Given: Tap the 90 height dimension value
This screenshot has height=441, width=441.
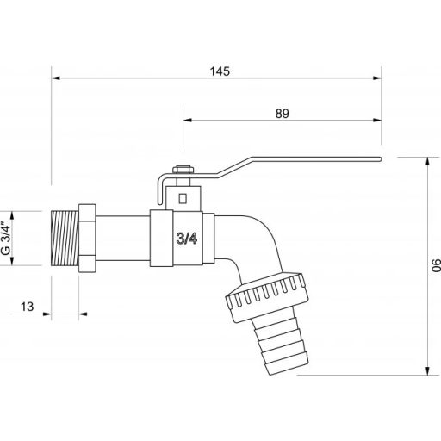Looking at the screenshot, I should (435, 266).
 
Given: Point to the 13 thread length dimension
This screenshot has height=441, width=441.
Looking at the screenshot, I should (26, 306).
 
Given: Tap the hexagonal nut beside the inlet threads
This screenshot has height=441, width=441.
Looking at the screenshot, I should (87, 239).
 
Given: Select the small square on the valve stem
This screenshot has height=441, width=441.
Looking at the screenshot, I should (182, 197).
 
